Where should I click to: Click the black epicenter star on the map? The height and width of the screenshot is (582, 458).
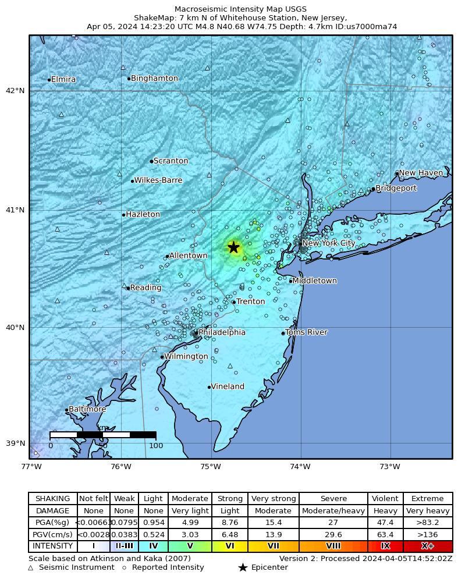(233, 247)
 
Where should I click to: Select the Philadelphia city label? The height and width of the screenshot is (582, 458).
(222, 332)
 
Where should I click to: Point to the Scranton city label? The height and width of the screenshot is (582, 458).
(171, 161)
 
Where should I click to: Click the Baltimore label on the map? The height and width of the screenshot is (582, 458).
(87, 409)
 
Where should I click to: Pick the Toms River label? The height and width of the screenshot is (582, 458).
(306, 332)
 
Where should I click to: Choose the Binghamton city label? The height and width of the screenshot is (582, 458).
(154, 78)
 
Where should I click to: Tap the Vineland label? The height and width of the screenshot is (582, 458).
(228, 386)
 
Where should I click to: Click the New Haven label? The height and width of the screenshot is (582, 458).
(421, 173)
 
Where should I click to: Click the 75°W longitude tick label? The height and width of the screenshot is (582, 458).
(210, 466)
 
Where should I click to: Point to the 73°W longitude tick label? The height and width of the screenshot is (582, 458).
(389, 466)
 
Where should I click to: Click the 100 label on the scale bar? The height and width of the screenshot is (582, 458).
(156, 446)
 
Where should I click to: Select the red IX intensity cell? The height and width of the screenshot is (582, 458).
(385, 546)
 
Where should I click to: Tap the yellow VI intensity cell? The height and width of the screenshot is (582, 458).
(230, 546)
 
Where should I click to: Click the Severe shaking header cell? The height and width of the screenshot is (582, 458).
(333, 499)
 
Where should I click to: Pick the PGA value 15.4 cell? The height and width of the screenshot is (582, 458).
(273, 523)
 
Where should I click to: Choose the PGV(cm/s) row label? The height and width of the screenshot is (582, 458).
(53, 534)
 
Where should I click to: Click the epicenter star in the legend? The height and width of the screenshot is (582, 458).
(243, 567)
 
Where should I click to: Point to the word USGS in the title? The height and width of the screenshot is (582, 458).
(296, 9)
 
